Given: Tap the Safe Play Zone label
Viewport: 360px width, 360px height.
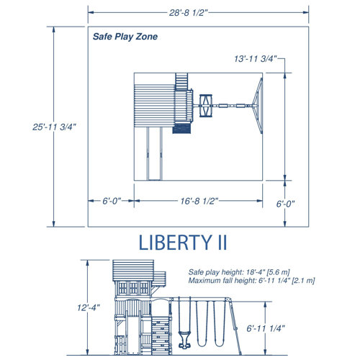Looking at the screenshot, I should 125,36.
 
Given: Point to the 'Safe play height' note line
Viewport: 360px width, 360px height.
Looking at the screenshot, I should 238,273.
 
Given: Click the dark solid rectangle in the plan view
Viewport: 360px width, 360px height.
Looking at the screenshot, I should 181,128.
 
